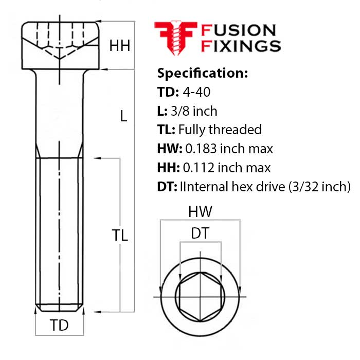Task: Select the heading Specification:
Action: point(202,73)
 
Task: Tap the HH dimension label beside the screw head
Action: point(119,46)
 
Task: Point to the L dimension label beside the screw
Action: point(123,116)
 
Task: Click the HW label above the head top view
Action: point(200,212)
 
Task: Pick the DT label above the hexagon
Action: point(200,233)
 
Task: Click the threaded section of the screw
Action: point(59,231)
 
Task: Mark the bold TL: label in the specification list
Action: point(167,129)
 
